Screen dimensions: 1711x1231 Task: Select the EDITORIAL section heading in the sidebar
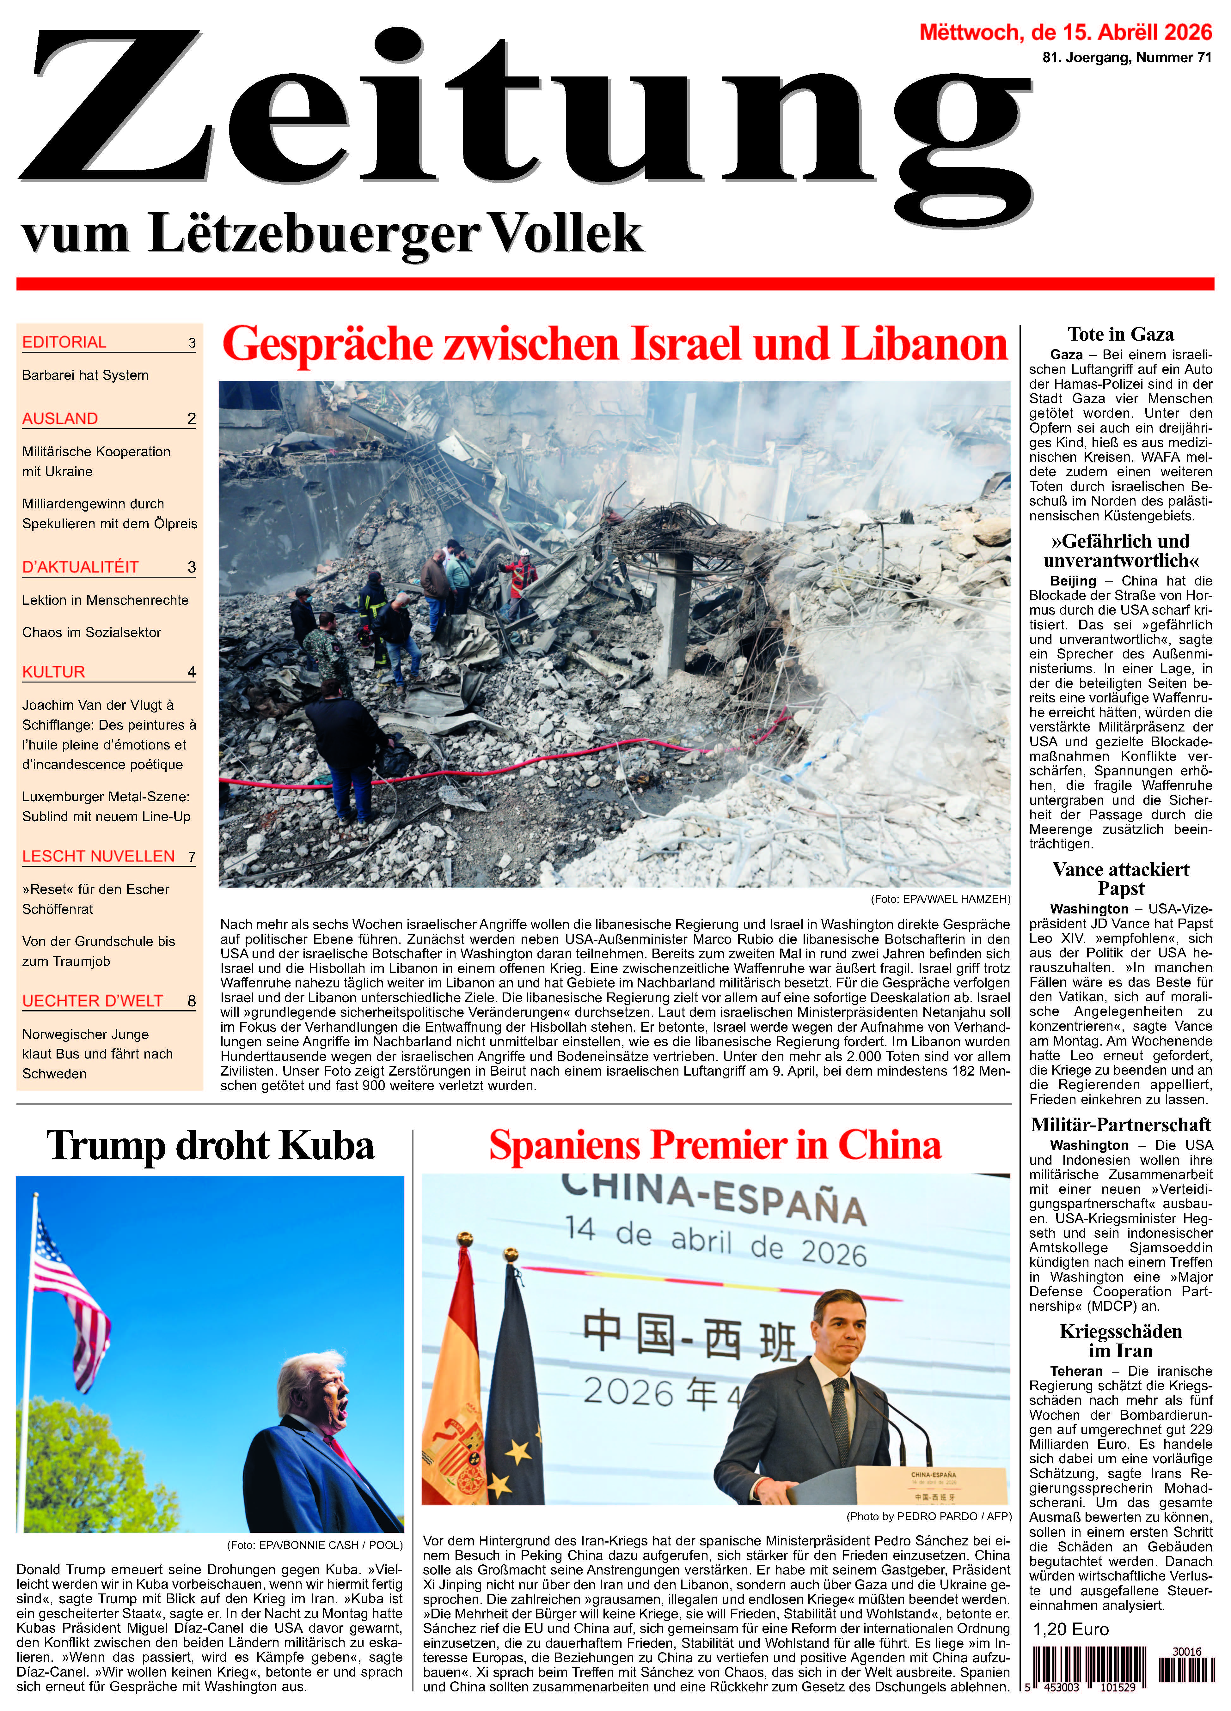click(64, 343)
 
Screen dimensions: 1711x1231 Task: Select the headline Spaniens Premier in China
click(715, 1145)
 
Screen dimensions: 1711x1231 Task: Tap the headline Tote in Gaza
click(1120, 334)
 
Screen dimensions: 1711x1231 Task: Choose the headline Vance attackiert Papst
click(1120, 879)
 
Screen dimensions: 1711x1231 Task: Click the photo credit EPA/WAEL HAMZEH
click(940, 899)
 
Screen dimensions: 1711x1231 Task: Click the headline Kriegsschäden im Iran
click(1120, 1341)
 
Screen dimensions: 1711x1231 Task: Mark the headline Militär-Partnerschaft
click(1120, 1125)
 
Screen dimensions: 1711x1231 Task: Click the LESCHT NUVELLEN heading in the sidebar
click(98, 856)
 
